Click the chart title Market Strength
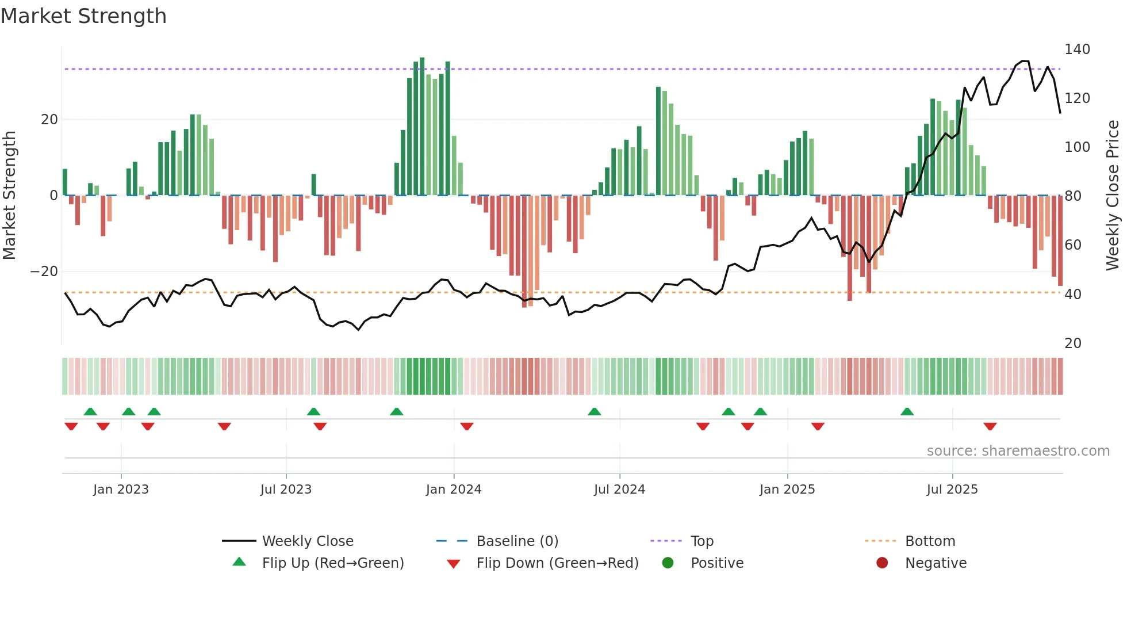tap(83, 16)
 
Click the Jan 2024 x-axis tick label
tap(453, 490)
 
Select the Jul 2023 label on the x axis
tap(286, 490)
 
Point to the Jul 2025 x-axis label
tap(952, 490)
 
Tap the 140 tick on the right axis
tap(1076, 49)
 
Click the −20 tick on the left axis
tap(44, 272)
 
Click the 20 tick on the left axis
tap(49, 120)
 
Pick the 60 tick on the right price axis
tap(1072, 245)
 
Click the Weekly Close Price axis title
tap(1113, 196)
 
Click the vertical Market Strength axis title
tap(10, 196)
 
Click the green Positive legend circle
tap(668, 563)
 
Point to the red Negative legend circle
tap(882, 563)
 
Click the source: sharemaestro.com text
tap(1018, 451)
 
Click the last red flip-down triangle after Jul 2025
tap(990, 426)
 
